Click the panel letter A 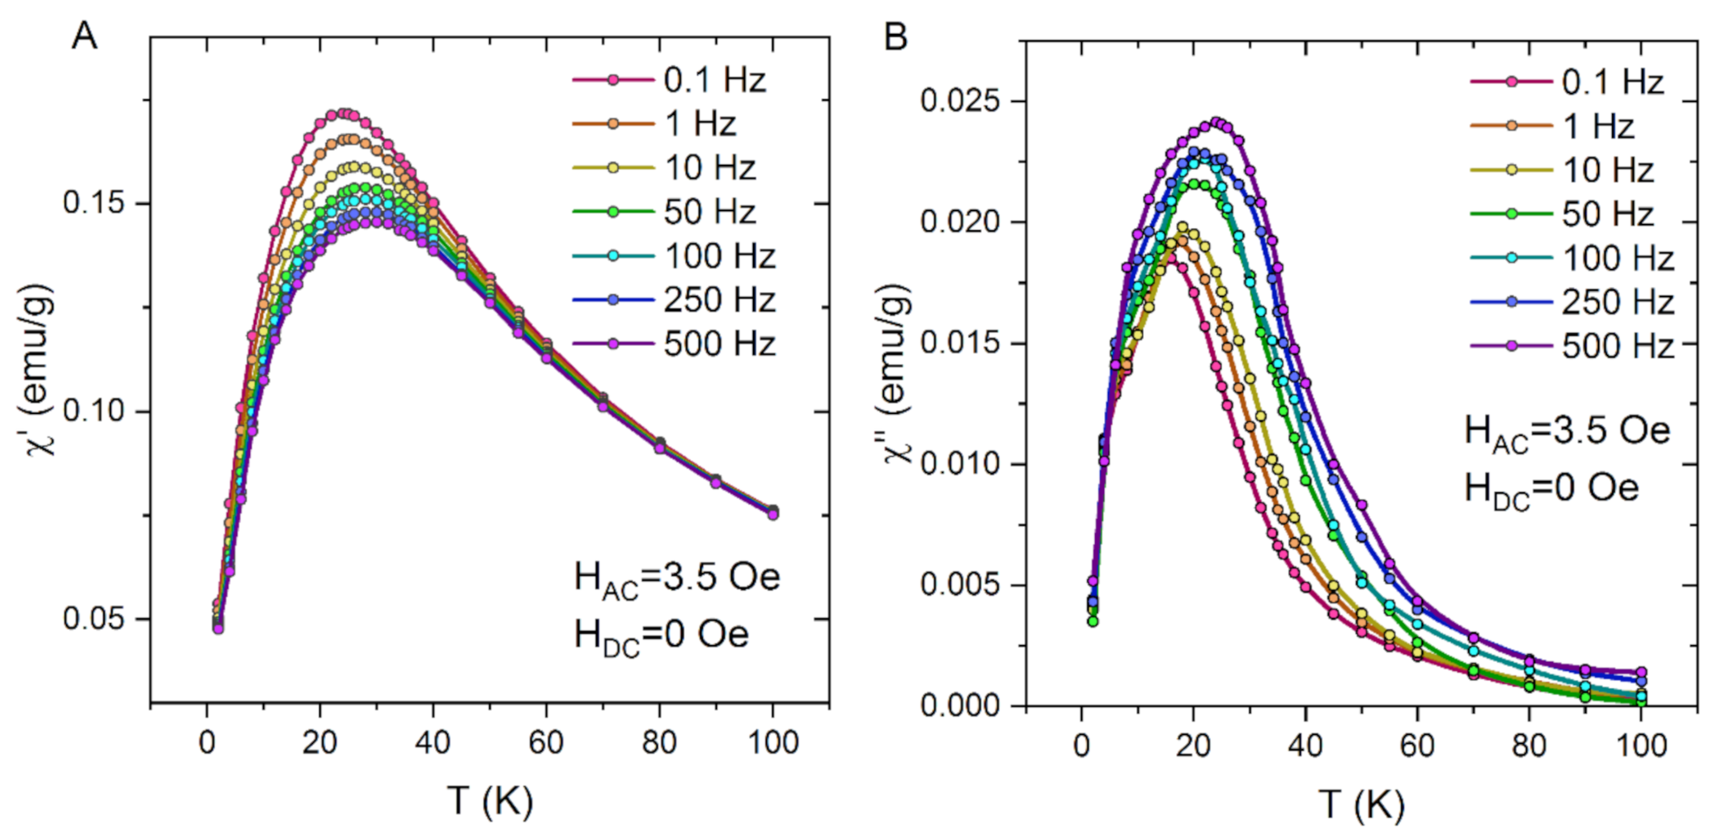click(84, 36)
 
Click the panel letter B click(895, 37)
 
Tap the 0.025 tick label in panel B click(960, 101)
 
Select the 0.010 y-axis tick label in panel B click(960, 464)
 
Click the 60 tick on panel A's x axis click(545, 742)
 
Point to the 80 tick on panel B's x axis click(1529, 745)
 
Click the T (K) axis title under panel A click(489, 801)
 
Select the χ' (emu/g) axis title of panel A click(40, 369)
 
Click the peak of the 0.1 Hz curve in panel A click(343, 114)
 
